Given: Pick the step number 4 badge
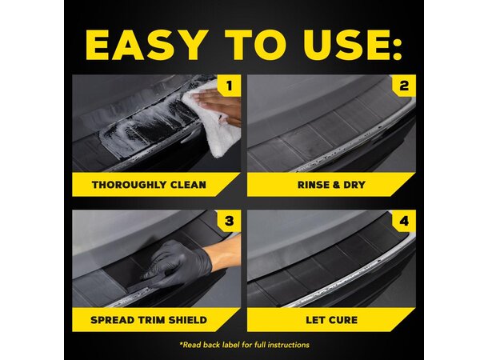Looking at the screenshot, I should pyautogui.click(x=404, y=221).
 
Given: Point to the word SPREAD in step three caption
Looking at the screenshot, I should pyautogui.click(x=114, y=320).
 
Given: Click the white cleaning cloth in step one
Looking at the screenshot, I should pyautogui.click(x=214, y=124).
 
